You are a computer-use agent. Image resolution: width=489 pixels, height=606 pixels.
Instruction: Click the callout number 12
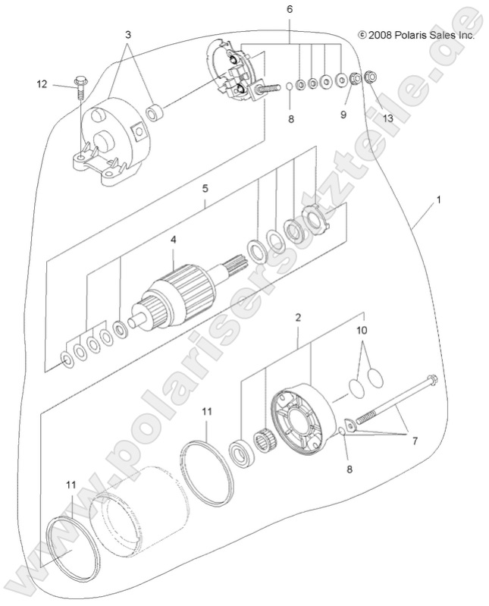pos(42,84)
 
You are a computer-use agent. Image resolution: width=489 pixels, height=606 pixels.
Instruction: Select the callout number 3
pos(128,35)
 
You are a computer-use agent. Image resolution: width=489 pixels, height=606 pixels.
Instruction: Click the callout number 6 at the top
pos(289,9)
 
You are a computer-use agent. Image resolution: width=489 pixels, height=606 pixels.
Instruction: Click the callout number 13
pos(388,118)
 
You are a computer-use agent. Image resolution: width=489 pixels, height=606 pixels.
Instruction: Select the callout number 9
pos(343,115)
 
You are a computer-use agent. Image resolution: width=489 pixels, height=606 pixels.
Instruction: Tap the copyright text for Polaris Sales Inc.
pos(416,35)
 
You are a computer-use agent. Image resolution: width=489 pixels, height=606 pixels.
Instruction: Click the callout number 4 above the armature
pos(174,239)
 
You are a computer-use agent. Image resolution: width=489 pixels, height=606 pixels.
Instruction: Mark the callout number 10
pos(362,331)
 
